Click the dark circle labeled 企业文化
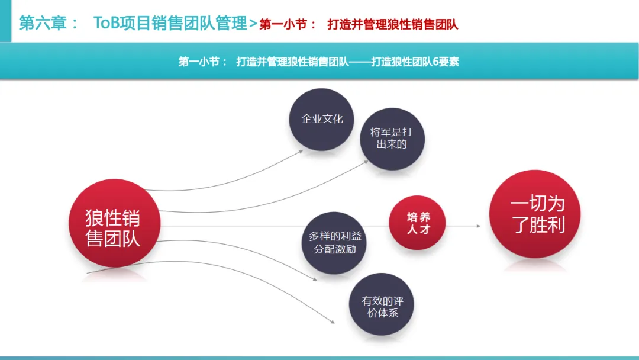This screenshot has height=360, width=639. pyautogui.click(x=322, y=119)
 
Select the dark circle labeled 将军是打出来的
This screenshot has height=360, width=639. pyautogui.click(x=392, y=138)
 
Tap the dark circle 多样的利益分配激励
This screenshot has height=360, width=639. pyautogui.click(x=335, y=243)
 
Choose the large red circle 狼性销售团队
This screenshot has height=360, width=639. pyautogui.click(x=113, y=227)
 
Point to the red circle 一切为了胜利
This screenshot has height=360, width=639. pyautogui.click(x=534, y=215)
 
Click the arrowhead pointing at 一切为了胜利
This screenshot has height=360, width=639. pyautogui.click(x=477, y=226)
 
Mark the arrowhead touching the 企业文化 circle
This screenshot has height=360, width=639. pyautogui.click(x=301, y=150)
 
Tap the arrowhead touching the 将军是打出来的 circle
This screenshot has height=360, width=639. pyautogui.click(x=366, y=161)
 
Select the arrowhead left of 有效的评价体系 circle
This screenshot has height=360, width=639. pyautogui.click(x=332, y=323)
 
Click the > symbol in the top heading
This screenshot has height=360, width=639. pyautogui.click(x=253, y=24)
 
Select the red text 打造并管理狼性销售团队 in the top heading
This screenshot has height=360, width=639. pyautogui.click(x=393, y=25)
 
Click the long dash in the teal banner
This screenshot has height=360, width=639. pyautogui.click(x=360, y=62)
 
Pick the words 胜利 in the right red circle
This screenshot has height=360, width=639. pyautogui.click(x=548, y=226)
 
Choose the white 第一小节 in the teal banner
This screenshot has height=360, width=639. pyautogui.click(x=200, y=62)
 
